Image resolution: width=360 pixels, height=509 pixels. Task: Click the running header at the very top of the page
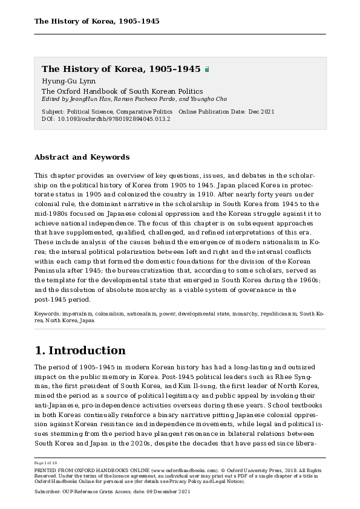pos(97,21)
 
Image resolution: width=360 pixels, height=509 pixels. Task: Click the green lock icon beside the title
pos(207,70)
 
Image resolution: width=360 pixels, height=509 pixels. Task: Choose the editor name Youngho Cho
pos(209,99)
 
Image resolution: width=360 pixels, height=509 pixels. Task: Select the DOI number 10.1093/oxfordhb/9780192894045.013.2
pos(114,119)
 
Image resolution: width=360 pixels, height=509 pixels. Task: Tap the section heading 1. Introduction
pos(80,351)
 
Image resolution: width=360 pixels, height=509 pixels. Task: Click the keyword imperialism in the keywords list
pos(77,314)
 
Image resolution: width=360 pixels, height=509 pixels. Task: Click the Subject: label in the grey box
pos(53,112)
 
